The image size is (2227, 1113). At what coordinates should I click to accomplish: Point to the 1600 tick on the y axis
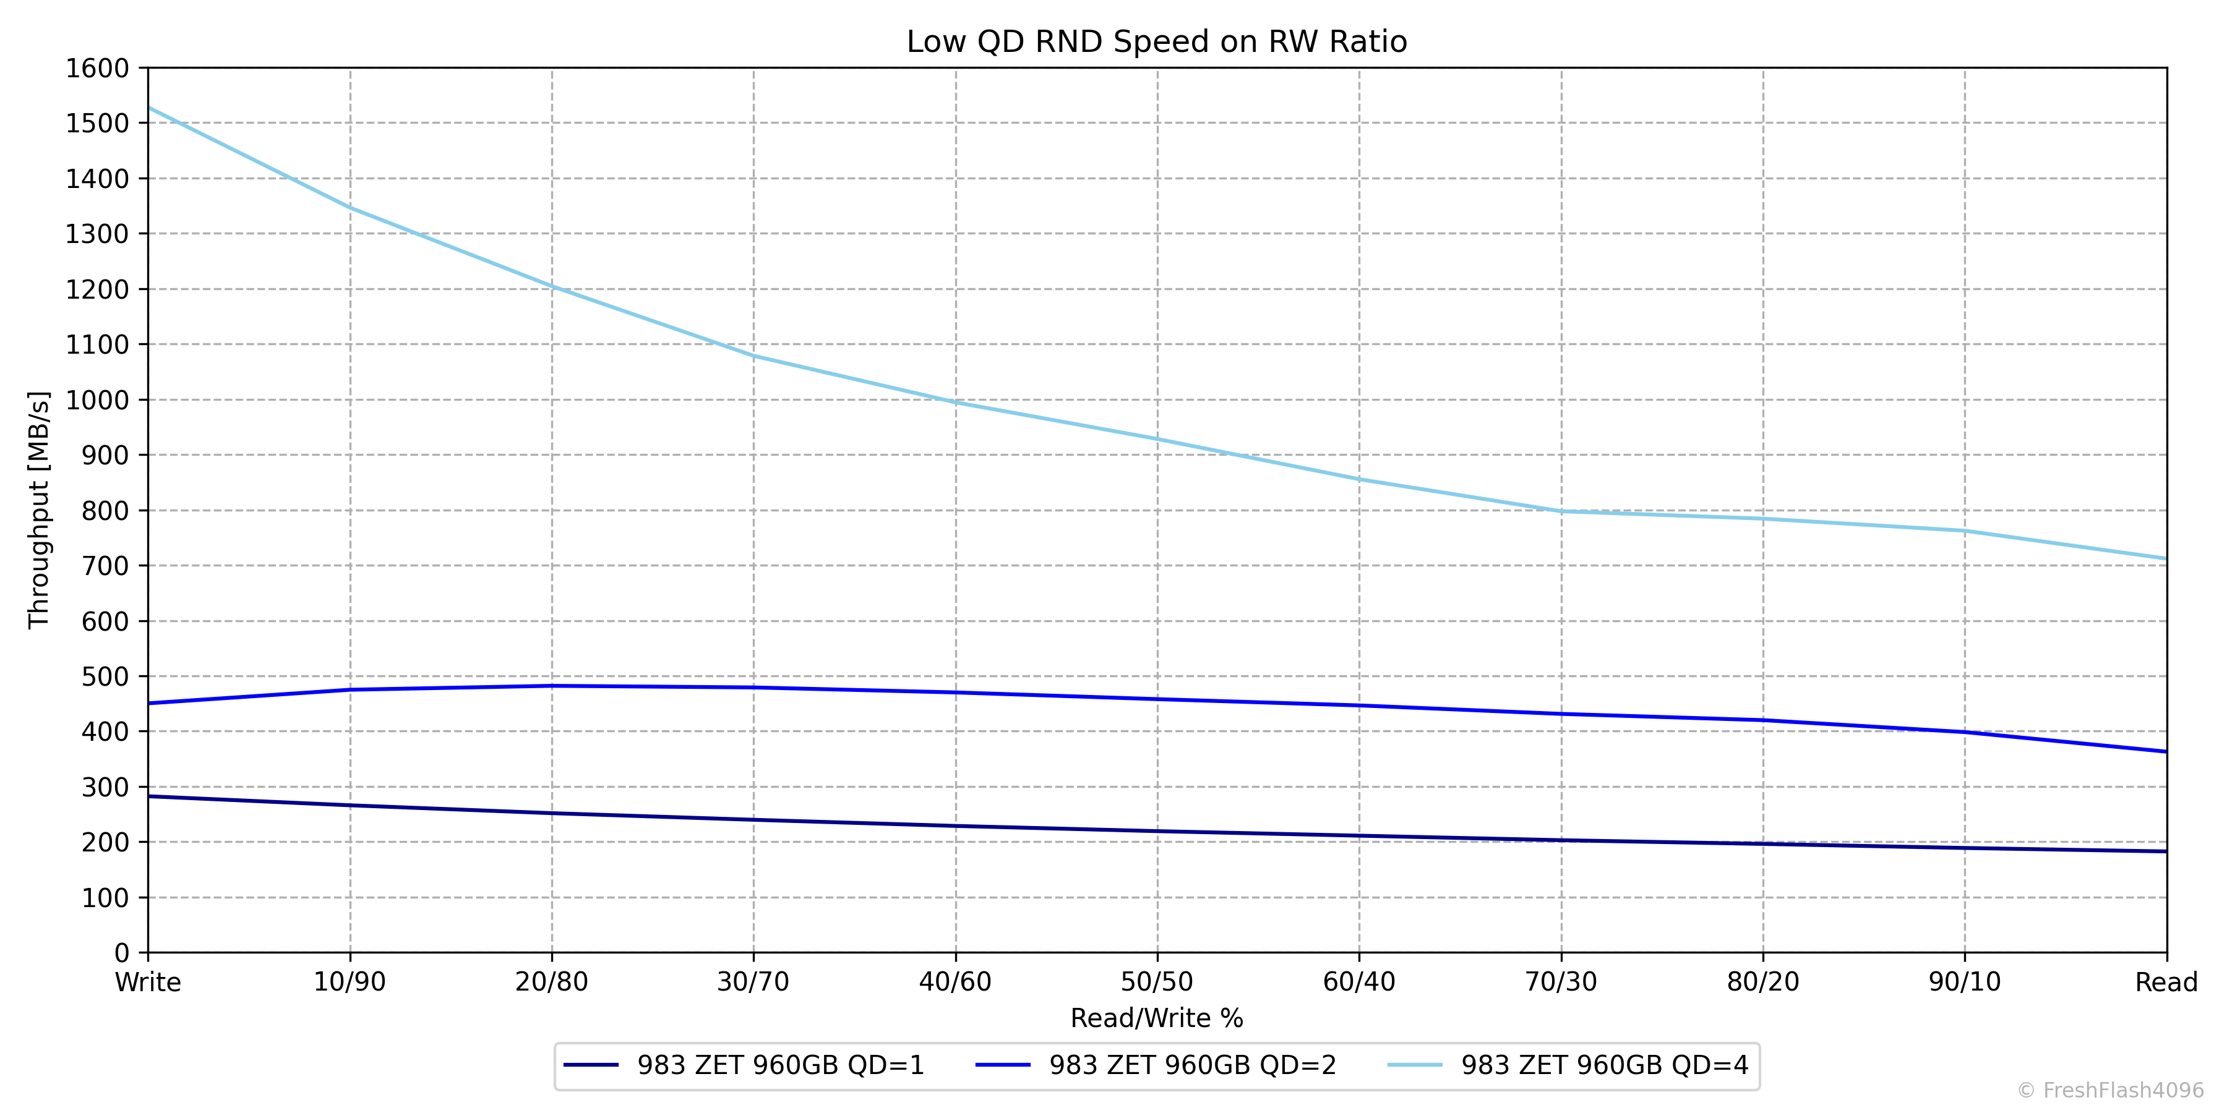click(97, 68)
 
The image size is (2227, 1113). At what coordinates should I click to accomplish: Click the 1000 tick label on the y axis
click(97, 400)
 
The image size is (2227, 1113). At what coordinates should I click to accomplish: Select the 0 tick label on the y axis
click(121, 953)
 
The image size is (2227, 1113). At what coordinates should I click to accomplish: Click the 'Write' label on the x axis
click(148, 983)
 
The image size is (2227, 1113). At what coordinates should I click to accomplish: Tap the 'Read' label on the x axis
click(2166, 983)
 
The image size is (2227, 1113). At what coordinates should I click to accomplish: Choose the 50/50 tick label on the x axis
click(1157, 983)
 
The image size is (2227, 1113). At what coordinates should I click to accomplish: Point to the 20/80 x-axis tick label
click(552, 983)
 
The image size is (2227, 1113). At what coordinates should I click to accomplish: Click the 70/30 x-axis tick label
click(1561, 983)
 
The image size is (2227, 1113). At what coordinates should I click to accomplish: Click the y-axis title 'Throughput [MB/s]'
click(39, 510)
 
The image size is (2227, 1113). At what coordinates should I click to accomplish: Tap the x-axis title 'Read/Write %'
click(1157, 1018)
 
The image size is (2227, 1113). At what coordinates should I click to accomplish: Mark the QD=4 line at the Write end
click(150, 109)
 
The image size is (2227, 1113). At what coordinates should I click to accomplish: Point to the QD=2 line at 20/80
click(552, 686)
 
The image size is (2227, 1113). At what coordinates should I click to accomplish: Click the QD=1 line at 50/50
click(1157, 831)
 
